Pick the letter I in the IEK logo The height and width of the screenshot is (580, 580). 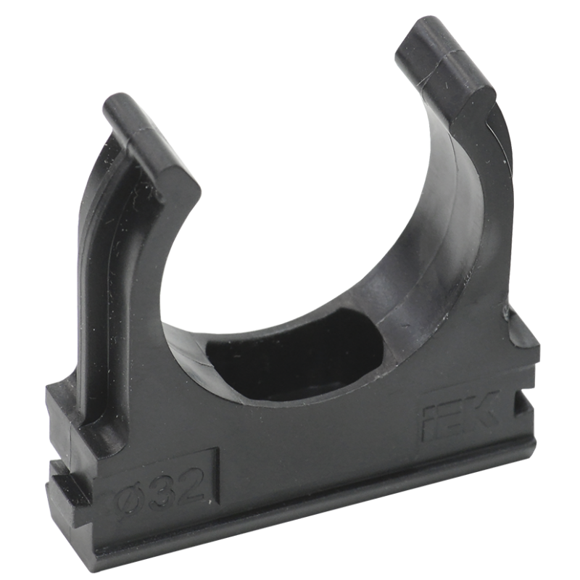[x=429, y=420]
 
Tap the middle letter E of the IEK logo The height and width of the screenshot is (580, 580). [x=451, y=415]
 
